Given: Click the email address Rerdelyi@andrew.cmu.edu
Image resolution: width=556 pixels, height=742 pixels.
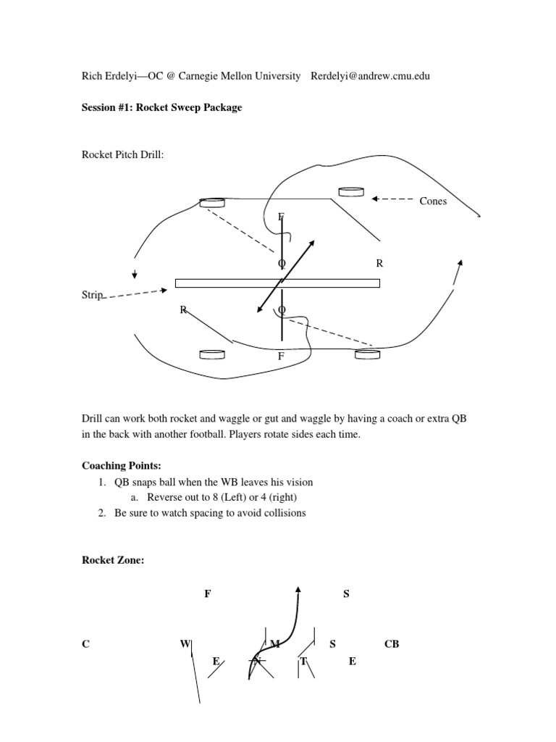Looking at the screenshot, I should (x=370, y=76).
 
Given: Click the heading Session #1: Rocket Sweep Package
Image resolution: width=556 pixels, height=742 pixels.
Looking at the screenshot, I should (x=161, y=107).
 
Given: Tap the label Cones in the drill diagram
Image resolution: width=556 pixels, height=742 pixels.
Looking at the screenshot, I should (x=433, y=201).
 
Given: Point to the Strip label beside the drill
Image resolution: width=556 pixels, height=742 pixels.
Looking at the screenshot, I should (x=93, y=295).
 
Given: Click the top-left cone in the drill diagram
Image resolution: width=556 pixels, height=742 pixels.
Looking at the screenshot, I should (x=212, y=203).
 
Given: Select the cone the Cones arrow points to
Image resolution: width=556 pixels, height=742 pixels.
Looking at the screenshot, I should (x=350, y=191).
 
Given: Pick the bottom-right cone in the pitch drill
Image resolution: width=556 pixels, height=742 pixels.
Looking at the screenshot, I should (x=367, y=354).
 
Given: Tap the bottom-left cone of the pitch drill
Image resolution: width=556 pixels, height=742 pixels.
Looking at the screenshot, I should (x=211, y=354).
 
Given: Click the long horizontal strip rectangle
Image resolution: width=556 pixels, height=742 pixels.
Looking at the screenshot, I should (x=277, y=283).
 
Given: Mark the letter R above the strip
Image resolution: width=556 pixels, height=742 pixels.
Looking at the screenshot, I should (x=379, y=264).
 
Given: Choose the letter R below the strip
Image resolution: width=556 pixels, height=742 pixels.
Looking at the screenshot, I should (x=184, y=310).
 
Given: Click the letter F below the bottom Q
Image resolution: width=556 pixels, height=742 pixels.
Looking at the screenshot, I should (x=282, y=357).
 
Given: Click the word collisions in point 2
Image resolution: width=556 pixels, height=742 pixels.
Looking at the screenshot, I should (x=284, y=513).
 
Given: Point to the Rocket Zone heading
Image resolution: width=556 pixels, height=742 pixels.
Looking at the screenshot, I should (x=113, y=559).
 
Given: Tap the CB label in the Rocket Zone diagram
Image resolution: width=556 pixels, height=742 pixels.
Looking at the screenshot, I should (x=392, y=643).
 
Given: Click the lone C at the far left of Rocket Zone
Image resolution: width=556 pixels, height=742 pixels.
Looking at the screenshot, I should (x=85, y=643).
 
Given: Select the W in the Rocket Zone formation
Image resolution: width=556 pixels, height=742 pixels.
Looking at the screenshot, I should (x=185, y=643).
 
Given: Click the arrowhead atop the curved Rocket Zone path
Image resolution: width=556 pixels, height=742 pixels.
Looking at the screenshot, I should (x=298, y=588).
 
